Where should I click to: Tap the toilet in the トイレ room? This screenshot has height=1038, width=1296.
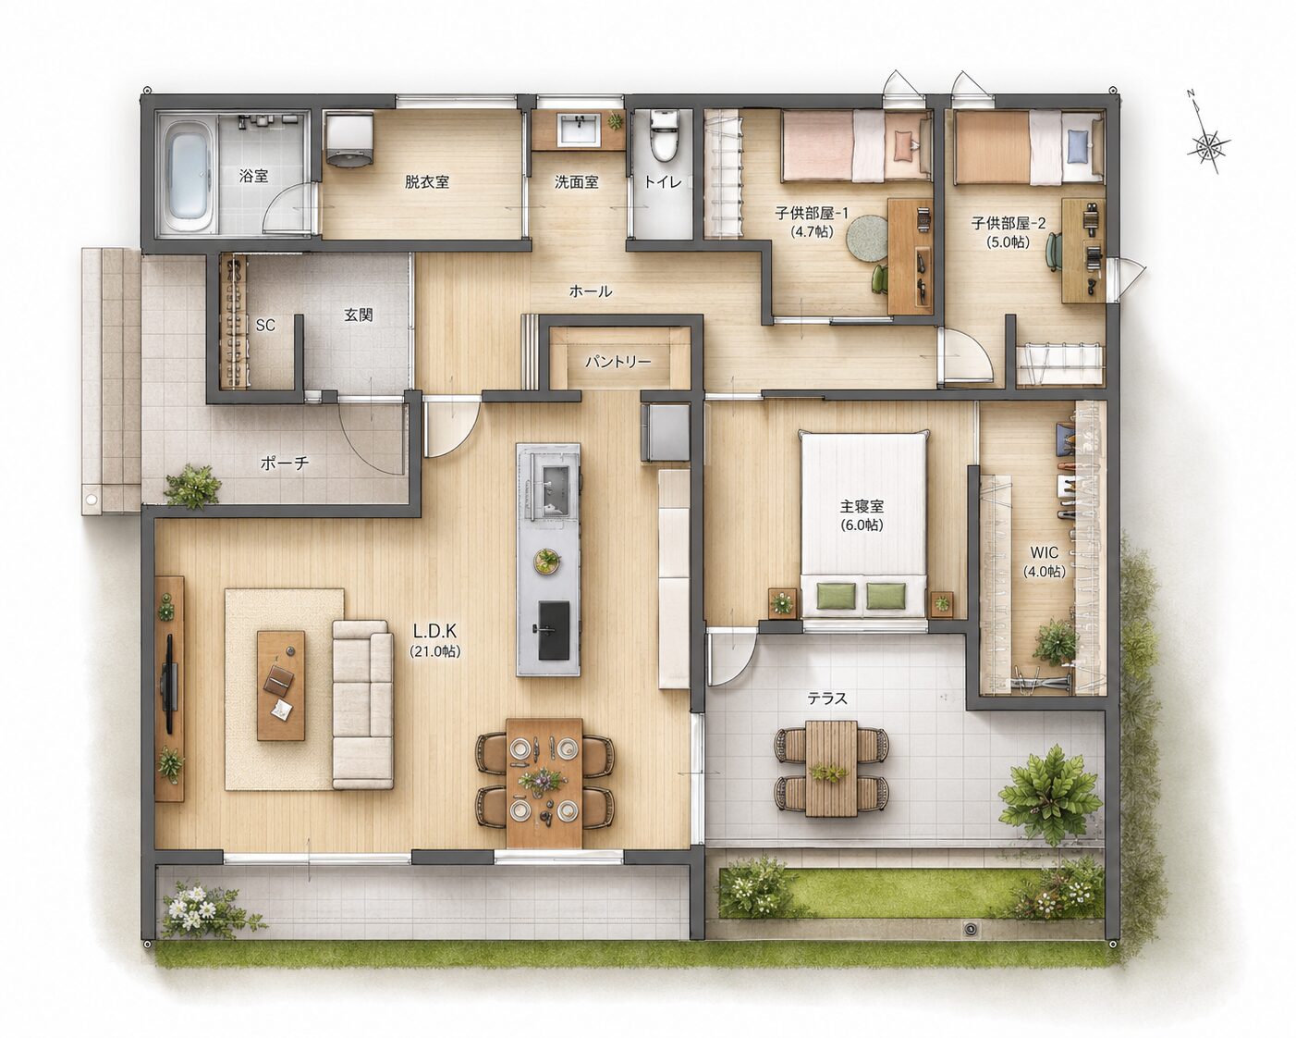point(665,136)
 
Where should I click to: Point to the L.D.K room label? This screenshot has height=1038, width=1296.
point(434,631)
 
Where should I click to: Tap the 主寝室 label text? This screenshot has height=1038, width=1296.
point(862,507)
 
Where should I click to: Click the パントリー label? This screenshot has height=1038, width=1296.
point(617,362)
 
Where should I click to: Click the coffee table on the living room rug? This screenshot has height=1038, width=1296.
point(281,686)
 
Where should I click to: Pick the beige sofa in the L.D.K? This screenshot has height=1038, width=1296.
point(362,705)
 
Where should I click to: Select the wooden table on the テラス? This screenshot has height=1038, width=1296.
point(831,769)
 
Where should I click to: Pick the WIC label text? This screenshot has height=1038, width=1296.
point(1044,553)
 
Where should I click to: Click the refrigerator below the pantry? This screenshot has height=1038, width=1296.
point(665,433)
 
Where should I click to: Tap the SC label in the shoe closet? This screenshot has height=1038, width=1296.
point(265,326)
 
